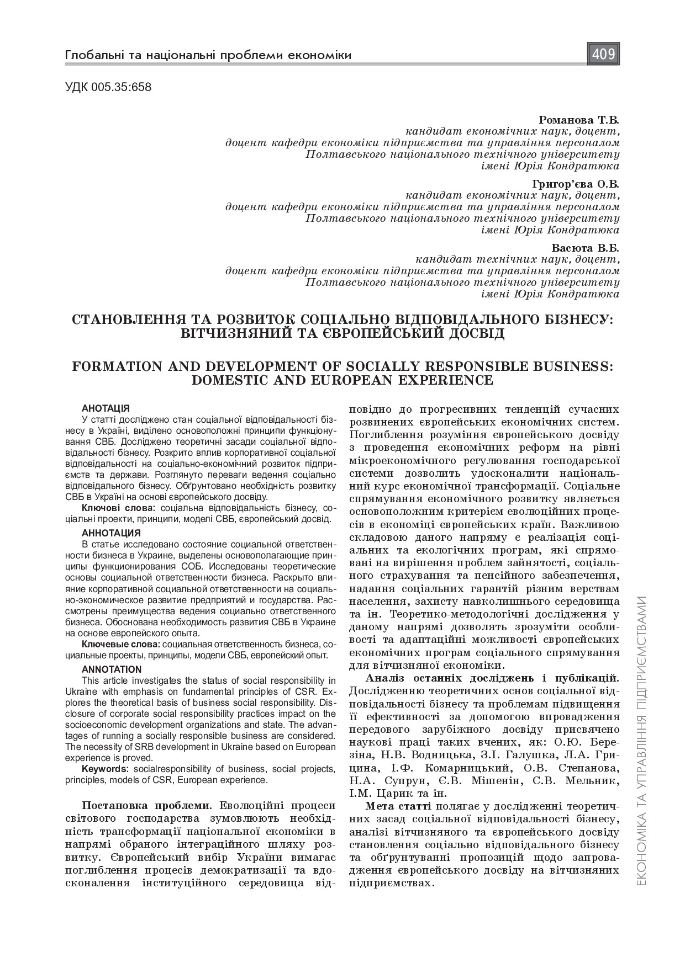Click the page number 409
point(603,54)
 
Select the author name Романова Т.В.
point(578,120)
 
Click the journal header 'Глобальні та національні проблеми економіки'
point(208,55)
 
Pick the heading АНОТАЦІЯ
point(106,408)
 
